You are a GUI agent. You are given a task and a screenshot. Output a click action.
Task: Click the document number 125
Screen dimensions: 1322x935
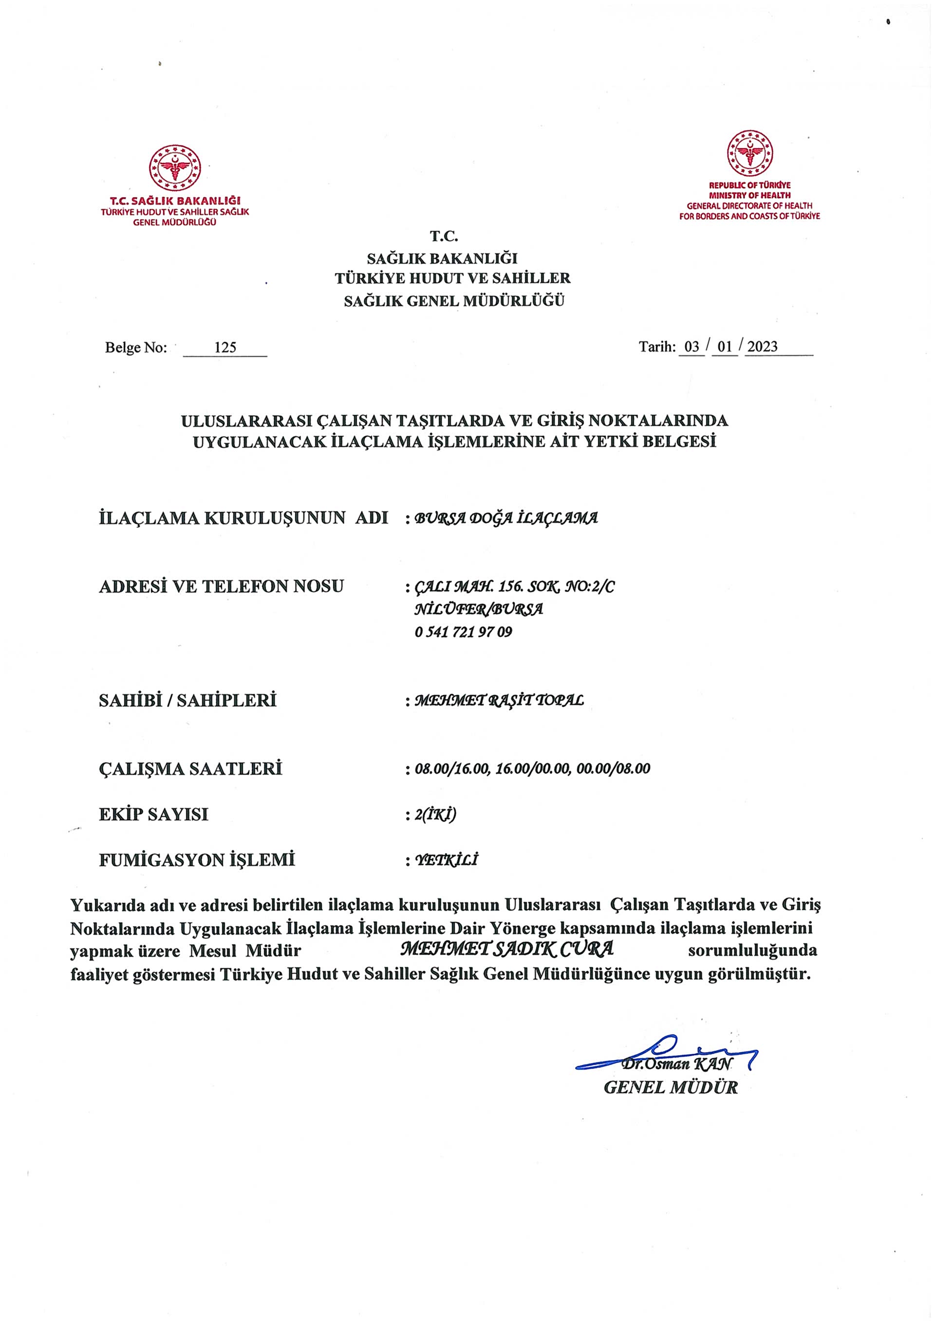tap(225, 347)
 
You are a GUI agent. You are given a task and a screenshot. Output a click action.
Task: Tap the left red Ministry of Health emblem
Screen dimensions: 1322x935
tap(175, 168)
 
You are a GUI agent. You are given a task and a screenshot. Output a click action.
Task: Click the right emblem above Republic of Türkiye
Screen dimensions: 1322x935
tap(749, 154)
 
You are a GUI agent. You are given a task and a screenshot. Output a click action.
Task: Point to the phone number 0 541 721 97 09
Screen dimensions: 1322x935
tap(463, 632)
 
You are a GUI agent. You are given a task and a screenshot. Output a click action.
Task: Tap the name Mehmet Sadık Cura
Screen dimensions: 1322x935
tap(506, 949)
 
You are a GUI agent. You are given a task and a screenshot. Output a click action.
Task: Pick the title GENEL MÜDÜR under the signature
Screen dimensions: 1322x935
tap(670, 1088)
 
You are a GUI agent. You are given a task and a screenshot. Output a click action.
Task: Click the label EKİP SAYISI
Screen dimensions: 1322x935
tap(154, 814)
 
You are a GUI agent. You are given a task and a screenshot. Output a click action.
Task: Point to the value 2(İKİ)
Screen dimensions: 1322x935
tap(435, 815)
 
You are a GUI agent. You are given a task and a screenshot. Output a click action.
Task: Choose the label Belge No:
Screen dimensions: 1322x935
tap(136, 348)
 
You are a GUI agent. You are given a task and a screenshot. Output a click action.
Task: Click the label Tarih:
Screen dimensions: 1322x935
tap(657, 347)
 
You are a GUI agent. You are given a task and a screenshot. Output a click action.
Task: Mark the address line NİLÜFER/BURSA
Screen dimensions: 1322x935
tap(478, 609)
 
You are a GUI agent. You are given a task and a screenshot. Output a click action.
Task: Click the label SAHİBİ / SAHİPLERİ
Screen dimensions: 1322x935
tap(187, 700)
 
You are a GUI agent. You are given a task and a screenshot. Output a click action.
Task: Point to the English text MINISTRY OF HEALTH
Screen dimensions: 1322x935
tap(749, 195)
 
